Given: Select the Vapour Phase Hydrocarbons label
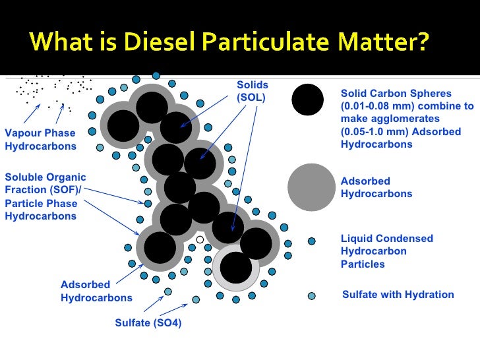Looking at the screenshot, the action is [x=40, y=140].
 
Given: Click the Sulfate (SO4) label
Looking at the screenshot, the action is [x=148, y=323].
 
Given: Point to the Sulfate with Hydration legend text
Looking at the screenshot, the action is [x=398, y=295].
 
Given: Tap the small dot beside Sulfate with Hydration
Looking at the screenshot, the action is [x=312, y=295].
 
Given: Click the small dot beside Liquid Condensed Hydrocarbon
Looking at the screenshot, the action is [x=312, y=241].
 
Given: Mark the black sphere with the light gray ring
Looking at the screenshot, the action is [x=236, y=267].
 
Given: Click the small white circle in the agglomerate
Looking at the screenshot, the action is [x=200, y=239].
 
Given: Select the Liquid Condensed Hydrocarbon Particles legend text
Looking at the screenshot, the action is [x=386, y=251].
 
